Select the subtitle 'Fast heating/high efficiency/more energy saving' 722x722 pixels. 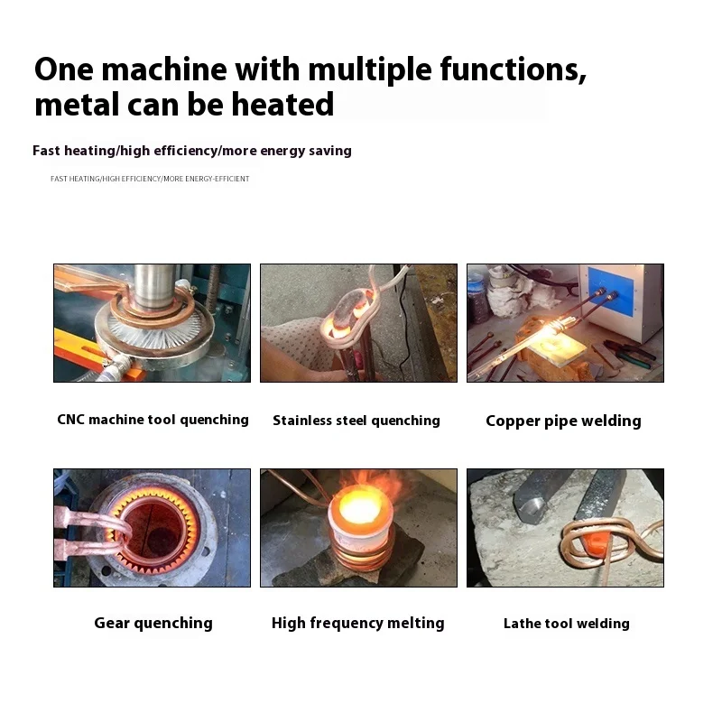pyautogui.click(x=192, y=151)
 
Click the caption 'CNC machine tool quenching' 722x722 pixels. pyautogui.click(x=153, y=420)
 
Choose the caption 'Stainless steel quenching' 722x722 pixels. pyautogui.click(x=356, y=421)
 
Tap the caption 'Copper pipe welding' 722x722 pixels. pyautogui.click(x=563, y=421)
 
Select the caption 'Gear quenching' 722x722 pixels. pyautogui.click(x=153, y=623)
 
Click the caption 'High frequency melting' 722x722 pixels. pyautogui.click(x=358, y=623)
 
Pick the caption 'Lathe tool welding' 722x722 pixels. pyautogui.click(x=566, y=624)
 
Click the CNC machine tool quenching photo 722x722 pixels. pyautogui.click(x=152, y=322)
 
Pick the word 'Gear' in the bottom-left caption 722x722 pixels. pyautogui.click(x=113, y=623)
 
